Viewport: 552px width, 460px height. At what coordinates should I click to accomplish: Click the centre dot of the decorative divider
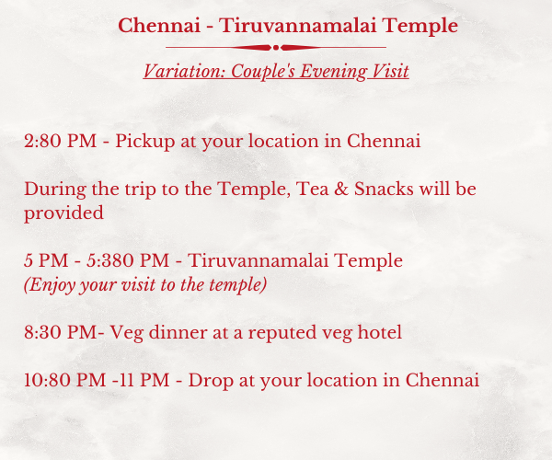[x=276, y=48]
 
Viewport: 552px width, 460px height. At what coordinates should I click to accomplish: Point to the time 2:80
[x=42, y=141]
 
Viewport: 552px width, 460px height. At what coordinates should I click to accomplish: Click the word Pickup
[x=145, y=142]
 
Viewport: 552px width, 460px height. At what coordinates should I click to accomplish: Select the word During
[x=55, y=190]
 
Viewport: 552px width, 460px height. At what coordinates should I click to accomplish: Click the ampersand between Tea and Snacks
[x=341, y=189]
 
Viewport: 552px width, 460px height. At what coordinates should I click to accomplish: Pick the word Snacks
[x=384, y=189]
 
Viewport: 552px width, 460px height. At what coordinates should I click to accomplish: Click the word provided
[x=63, y=213]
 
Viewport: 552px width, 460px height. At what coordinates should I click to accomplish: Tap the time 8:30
[x=42, y=332]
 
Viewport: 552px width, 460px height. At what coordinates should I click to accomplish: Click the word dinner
[x=178, y=332]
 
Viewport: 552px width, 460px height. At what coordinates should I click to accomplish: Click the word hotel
[x=379, y=332]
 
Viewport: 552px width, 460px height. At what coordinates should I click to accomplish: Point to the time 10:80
[x=47, y=381]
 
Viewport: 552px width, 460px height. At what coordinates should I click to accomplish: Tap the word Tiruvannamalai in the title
[x=298, y=26]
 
